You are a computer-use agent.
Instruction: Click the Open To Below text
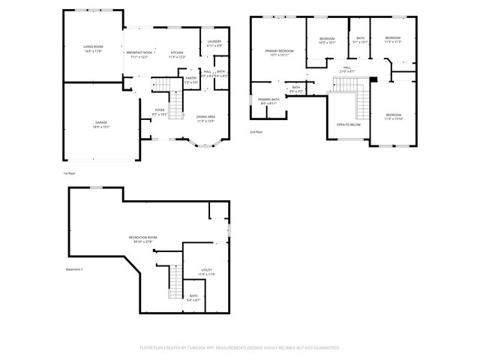tap(349, 125)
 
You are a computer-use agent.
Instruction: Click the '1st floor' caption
tap(70, 172)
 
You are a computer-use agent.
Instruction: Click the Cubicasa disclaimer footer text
tap(240, 347)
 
